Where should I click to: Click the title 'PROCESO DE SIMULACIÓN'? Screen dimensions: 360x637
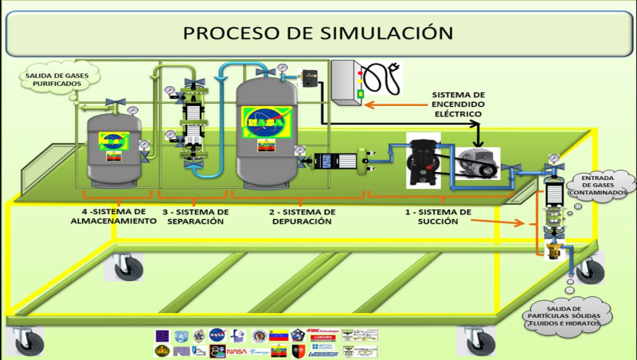click(318, 33)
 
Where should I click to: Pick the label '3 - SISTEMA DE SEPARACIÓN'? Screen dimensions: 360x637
click(195, 217)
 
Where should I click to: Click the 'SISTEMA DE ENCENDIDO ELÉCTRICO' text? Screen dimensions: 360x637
click(458, 104)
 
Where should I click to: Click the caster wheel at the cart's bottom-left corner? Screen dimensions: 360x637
click(31, 341)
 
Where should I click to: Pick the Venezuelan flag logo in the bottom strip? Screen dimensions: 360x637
click(278, 336)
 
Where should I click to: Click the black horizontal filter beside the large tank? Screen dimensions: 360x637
click(328, 162)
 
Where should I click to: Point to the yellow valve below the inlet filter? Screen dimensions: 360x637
click(553, 253)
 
